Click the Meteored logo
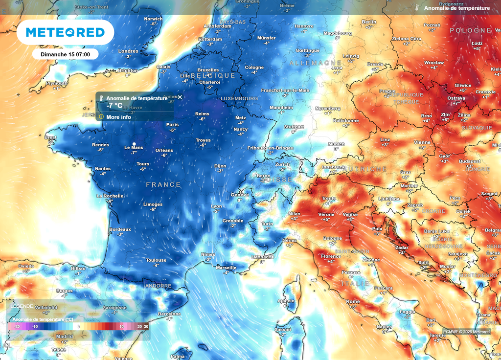click(x=65, y=32)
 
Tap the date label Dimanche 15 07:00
click(x=65, y=54)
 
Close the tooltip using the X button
click(x=180, y=97)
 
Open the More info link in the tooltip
click(x=118, y=117)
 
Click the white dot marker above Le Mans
click(x=134, y=143)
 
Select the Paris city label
click(x=172, y=124)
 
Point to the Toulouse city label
click(x=156, y=260)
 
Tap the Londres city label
click(x=128, y=51)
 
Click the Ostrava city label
click(x=456, y=98)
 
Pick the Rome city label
click(x=353, y=301)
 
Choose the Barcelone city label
click(x=169, y=314)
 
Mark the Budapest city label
click(x=470, y=161)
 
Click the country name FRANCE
click(x=163, y=185)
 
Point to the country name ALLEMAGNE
click(x=315, y=64)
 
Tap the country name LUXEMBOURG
click(x=239, y=98)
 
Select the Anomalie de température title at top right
click(x=456, y=8)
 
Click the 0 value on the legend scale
click(x=79, y=326)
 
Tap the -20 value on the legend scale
click(x=17, y=326)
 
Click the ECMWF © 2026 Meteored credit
click(x=466, y=332)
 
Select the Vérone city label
click(x=326, y=214)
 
